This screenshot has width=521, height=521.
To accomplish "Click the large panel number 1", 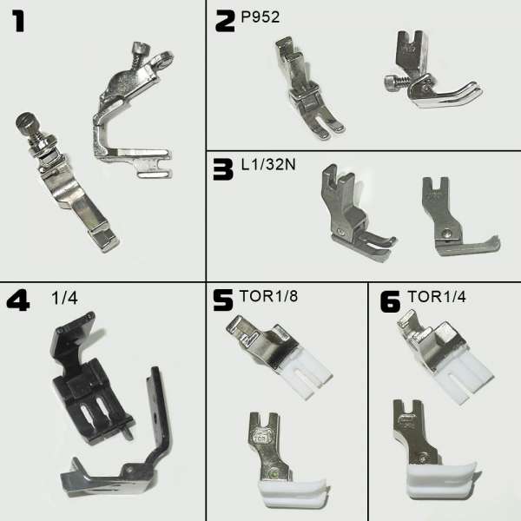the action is point(18,21).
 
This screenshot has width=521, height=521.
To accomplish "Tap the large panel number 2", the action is point(225,21).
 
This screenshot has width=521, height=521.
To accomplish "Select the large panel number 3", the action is point(223,169).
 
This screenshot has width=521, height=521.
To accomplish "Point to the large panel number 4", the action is point(18,300).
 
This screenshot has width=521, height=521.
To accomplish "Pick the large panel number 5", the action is point(223,300).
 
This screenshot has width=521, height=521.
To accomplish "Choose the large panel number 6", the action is point(390,301).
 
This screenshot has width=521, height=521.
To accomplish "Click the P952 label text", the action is point(260,17).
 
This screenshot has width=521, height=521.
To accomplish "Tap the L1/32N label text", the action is point(268,164).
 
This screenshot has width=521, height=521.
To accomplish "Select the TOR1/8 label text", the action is point(268,296).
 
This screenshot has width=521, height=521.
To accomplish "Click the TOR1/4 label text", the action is point(437,297).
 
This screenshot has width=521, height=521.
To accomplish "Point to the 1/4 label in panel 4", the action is point(65,298).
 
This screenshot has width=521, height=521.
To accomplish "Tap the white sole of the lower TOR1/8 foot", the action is point(293,492).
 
